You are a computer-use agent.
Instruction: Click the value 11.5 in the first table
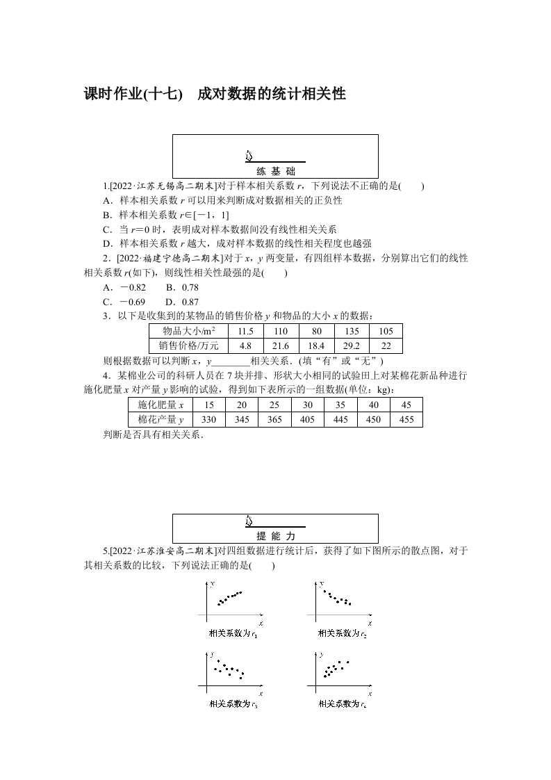245,332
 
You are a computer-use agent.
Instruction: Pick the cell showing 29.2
352,346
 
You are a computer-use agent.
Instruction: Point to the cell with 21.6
280,346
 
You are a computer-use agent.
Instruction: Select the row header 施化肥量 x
161,405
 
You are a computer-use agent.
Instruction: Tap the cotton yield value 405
308,419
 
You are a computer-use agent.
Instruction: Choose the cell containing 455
406,419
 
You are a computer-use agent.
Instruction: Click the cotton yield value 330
208,419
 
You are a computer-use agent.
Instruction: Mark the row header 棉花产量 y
161,419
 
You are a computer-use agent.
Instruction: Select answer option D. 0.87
182,302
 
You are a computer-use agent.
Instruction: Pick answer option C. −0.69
124,302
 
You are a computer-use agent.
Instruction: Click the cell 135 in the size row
352,332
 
